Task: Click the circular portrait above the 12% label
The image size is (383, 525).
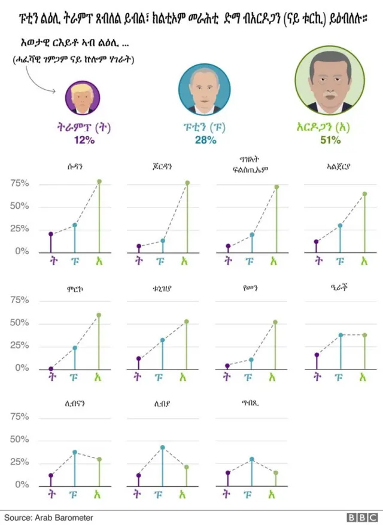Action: (83, 97)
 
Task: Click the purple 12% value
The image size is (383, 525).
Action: (83, 140)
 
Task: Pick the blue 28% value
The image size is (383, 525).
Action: (203, 140)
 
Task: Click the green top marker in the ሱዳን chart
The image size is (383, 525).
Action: (99, 182)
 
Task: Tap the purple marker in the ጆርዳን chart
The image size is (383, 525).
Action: (139, 246)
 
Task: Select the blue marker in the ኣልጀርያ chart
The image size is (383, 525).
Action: (340, 226)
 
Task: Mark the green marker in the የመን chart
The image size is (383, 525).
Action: (275, 322)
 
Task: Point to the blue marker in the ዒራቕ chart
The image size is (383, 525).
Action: (340, 335)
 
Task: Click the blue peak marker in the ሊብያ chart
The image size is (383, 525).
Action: (163, 447)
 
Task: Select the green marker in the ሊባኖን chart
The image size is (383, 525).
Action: (99, 459)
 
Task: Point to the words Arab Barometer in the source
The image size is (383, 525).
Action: (63, 517)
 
